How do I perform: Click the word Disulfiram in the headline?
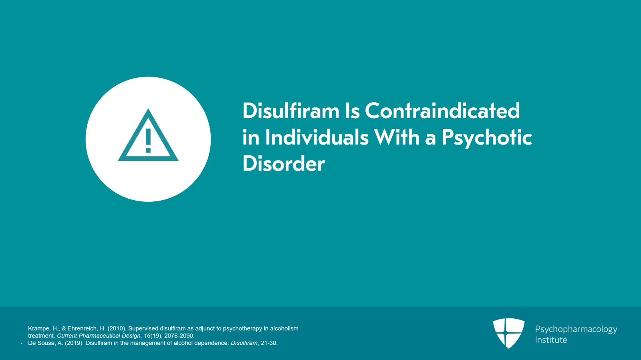coord(290,111)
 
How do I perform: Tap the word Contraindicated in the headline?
coord(442,111)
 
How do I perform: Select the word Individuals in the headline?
coord(316,137)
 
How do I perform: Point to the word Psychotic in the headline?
coord(487,138)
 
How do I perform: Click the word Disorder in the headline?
coord(283,164)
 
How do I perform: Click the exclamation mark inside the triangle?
coord(148,141)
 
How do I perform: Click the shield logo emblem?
coord(508,333)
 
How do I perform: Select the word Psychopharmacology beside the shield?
coord(576,329)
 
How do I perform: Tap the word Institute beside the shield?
coord(551,340)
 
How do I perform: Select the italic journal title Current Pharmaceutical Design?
coord(99,336)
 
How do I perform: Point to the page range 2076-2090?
coord(179,336)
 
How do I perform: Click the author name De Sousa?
coord(40,343)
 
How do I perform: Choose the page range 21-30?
coord(269,343)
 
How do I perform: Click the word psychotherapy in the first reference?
coord(242,328)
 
